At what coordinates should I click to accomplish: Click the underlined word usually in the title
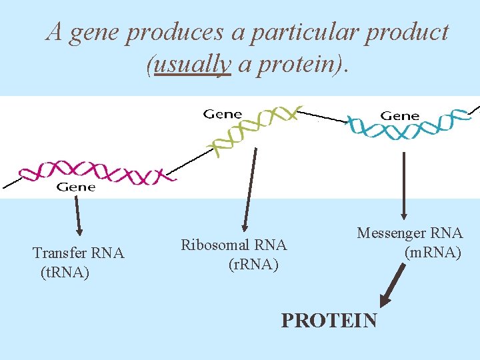(x=192, y=65)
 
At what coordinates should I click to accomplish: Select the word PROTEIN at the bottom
(x=329, y=320)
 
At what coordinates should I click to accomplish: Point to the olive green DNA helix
(x=253, y=129)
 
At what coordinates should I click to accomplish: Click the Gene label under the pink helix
(x=75, y=187)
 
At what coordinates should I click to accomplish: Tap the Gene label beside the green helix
(x=223, y=114)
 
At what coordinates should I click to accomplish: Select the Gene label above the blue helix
(x=399, y=115)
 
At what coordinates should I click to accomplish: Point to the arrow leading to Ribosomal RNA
(x=249, y=190)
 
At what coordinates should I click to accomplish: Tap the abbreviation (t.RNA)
(x=65, y=273)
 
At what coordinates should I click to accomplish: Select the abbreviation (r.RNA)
(x=253, y=265)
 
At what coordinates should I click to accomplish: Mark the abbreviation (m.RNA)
(x=432, y=253)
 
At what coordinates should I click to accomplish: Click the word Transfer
(x=61, y=253)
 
